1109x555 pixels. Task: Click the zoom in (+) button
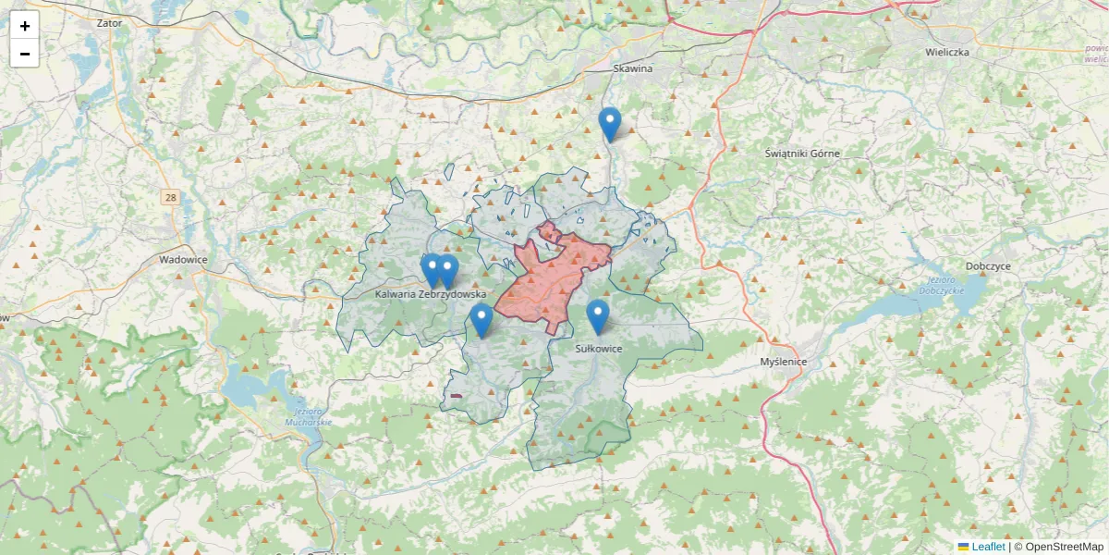(25, 26)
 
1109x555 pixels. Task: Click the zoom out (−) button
(25, 54)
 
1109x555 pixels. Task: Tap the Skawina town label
(633, 68)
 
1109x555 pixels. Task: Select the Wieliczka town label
(946, 53)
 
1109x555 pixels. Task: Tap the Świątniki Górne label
(803, 153)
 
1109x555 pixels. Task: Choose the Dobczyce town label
(988, 265)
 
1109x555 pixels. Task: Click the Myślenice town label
(783, 362)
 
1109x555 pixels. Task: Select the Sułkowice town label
(599, 349)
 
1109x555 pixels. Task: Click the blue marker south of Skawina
(609, 124)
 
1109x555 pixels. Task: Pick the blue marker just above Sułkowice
(598, 316)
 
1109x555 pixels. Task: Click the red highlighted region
(554, 277)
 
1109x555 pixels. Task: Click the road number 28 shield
(170, 197)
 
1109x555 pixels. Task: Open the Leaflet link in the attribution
(987, 547)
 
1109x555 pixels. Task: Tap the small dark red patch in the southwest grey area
(454, 397)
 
